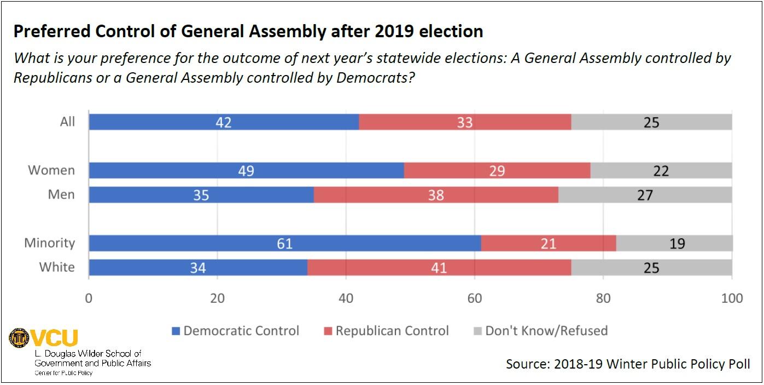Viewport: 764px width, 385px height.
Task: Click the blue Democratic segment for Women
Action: coord(246,170)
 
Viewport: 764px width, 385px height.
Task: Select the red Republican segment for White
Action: coord(439,267)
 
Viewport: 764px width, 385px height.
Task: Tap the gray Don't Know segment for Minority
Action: coord(674,243)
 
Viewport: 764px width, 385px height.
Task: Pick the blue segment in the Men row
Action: coord(201,194)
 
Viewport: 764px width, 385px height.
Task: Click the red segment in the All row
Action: coord(465,122)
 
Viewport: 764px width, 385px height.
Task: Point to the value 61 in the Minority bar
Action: coord(285,243)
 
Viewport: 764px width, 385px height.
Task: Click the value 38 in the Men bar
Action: coord(436,194)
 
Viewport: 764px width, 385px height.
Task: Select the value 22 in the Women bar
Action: coord(661,171)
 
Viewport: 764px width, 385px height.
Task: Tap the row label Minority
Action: coord(49,243)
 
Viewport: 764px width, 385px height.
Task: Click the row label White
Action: coord(57,267)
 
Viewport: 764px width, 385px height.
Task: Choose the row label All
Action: coord(67,122)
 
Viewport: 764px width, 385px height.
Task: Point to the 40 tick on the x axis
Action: coord(346,298)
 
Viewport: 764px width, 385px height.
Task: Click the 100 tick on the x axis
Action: coord(732,298)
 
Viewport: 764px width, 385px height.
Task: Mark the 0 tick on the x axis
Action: coord(89,298)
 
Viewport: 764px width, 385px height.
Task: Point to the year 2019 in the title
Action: coord(395,31)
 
